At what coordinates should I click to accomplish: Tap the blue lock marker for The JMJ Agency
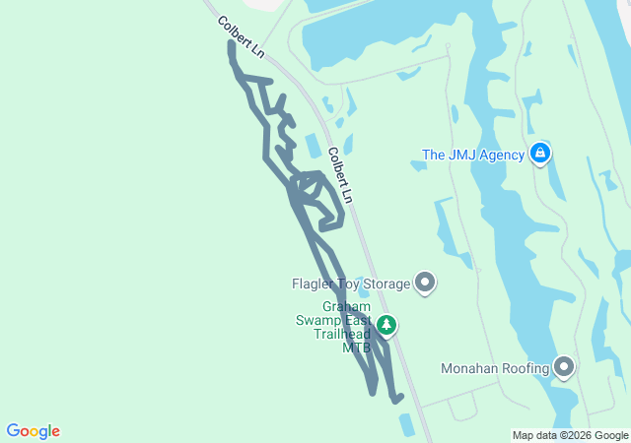(x=540, y=154)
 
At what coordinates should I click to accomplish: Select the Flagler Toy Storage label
(x=350, y=285)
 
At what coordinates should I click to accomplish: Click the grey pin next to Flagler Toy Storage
(x=425, y=284)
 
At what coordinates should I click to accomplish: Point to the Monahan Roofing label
(x=495, y=369)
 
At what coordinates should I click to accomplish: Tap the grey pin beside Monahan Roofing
(x=565, y=368)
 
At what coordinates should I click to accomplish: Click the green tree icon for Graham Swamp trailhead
(x=387, y=326)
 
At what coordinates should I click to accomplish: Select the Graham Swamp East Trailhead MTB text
(x=333, y=327)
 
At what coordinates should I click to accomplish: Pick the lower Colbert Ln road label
(x=339, y=175)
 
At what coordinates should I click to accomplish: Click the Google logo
(x=34, y=431)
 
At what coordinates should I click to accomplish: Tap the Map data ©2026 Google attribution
(x=569, y=435)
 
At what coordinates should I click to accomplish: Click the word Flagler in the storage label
(x=315, y=285)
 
